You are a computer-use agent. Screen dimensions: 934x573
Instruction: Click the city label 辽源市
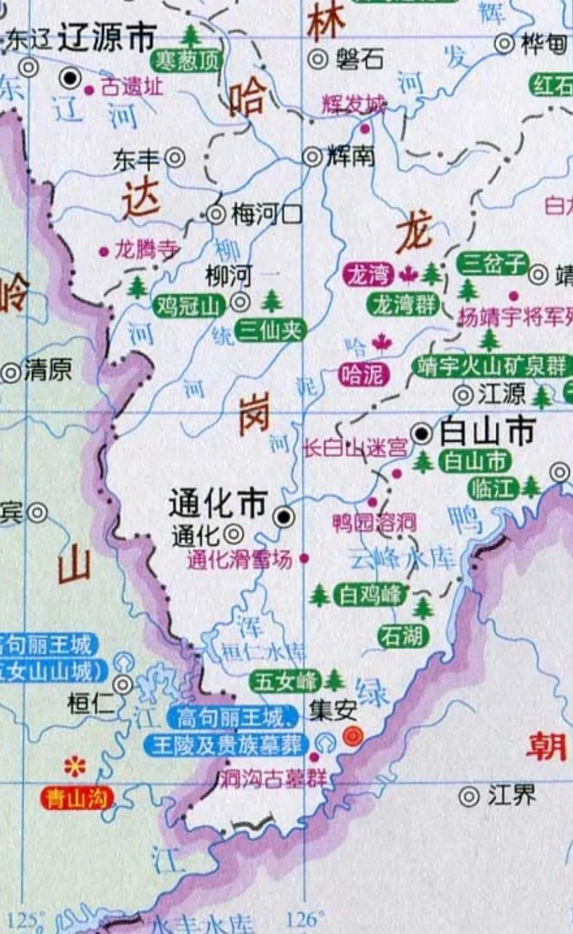108,38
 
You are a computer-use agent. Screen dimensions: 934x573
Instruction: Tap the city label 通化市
218,503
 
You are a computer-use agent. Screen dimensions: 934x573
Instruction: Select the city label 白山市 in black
486,432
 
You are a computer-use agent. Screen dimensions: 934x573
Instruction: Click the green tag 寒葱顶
186,60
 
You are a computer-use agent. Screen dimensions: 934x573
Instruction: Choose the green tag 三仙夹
271,331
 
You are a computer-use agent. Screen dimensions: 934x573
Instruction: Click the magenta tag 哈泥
363,375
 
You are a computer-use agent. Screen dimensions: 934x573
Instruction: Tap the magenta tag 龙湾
369,275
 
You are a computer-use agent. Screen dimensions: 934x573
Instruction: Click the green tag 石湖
403,636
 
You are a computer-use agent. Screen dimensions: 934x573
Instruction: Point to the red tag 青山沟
77,799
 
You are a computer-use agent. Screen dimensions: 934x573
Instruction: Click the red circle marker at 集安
353,736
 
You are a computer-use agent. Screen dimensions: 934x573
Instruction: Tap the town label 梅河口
266,215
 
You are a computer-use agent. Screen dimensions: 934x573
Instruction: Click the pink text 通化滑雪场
240,559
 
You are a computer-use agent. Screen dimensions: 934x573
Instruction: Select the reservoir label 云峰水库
401,558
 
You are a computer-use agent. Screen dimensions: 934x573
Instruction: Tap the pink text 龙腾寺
146,250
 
